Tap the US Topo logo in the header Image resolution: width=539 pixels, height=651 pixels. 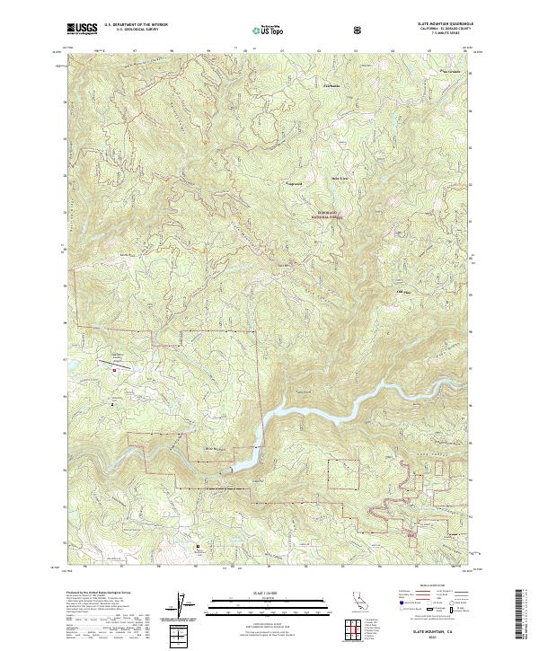pos(267,30)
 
